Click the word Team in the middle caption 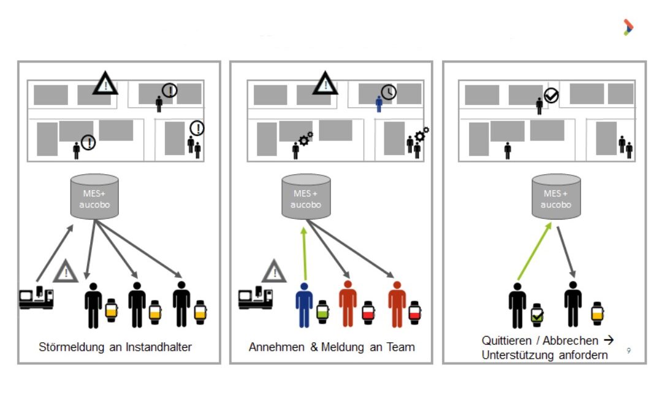(x=402, y=347)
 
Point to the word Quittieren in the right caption (x=507, y=340)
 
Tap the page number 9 (x=628, y=351)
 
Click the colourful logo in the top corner (x=628, y=27)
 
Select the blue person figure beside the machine (x=304, y=304)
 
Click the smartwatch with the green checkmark (x=537, y=315)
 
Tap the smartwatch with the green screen (x=323, y=312)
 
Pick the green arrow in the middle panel (x=305, y=252)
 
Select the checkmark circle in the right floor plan (x=551, y=96)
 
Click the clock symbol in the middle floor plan (x=388, y=92)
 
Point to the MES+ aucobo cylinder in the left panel (x=94, y=196)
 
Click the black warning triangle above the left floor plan (x=105, y=83)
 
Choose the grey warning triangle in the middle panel (x=274, y=270)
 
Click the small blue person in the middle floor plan (x=379, y=104)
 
